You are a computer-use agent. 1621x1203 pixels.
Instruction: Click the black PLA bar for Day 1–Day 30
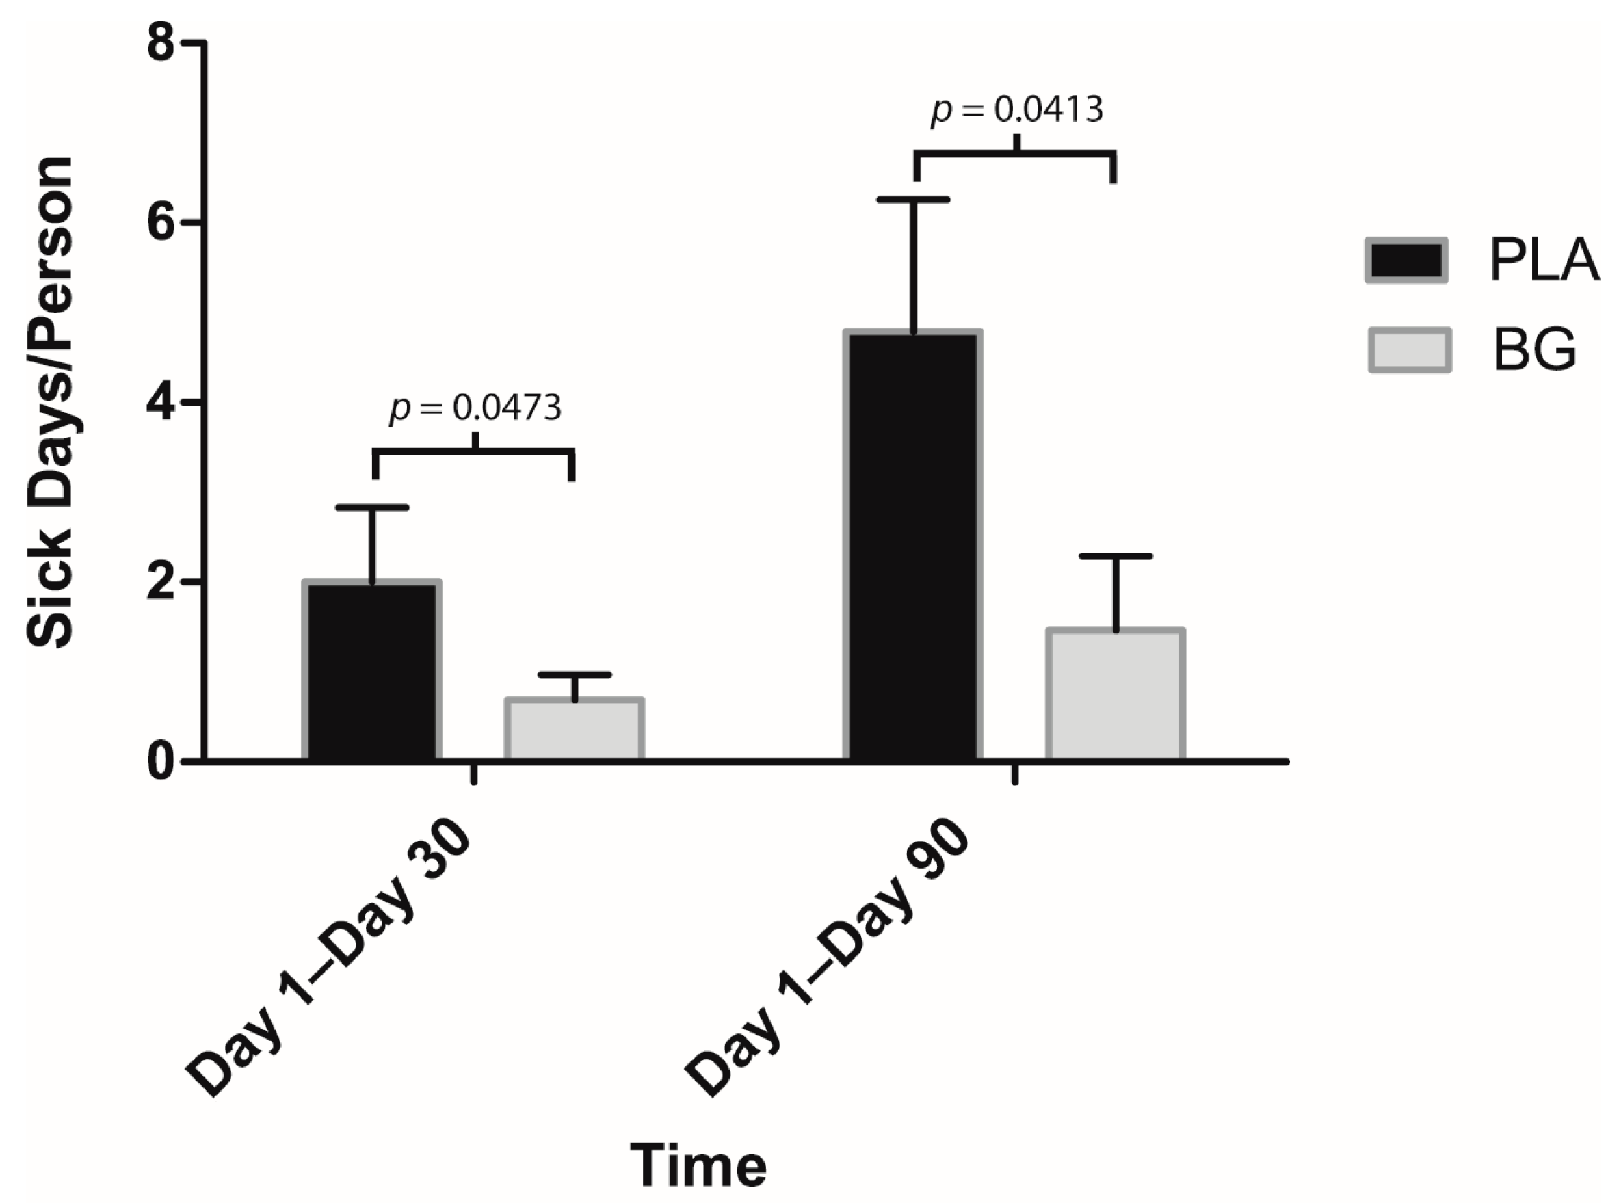coord(371,670)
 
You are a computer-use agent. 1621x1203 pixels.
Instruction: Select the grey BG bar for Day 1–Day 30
coord(575,729)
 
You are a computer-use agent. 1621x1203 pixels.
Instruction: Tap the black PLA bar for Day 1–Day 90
coord(913,546)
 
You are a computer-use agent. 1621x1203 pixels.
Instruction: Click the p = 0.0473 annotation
coord(475,408)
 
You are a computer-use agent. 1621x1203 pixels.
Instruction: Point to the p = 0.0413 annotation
coord(1017,110)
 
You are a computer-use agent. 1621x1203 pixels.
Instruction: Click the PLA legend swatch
coord(1406,261)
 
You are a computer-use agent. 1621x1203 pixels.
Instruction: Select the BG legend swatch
coord(1410,350)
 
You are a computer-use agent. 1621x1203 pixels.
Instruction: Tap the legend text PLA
coord(1544,261)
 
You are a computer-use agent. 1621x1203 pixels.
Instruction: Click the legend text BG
coord(1535,350)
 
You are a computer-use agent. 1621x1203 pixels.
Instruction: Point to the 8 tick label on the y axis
coord(161,44)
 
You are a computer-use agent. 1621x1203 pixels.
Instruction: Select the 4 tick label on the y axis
coord(161,402)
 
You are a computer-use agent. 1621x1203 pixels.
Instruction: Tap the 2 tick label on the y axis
coord(161,582)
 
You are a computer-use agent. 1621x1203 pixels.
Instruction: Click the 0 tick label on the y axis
coord(161,762)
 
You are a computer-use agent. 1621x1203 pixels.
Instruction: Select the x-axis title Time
coord(698,1166)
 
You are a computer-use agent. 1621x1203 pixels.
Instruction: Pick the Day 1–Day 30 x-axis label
coord(328,961)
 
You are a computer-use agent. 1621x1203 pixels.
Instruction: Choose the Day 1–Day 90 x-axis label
coord(826,961)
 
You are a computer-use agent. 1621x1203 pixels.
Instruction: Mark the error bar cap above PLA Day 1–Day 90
coord(913,200)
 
